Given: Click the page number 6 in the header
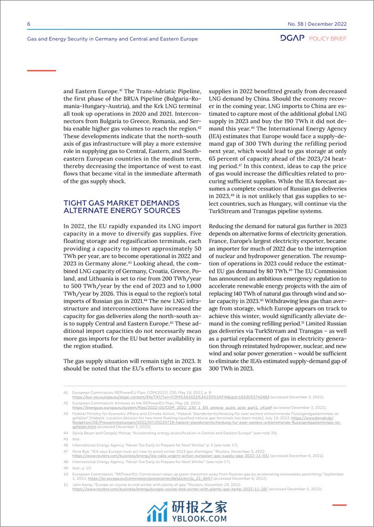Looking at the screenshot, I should tap(28, 24).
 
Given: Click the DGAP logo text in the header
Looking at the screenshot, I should tap(292, 39).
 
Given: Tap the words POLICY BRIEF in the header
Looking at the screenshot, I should tap(328, 39).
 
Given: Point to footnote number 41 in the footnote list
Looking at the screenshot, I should tap(66, 391).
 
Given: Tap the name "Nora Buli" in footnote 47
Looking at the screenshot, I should tap(82, 450).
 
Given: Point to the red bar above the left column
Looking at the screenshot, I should tap(41, 70).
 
